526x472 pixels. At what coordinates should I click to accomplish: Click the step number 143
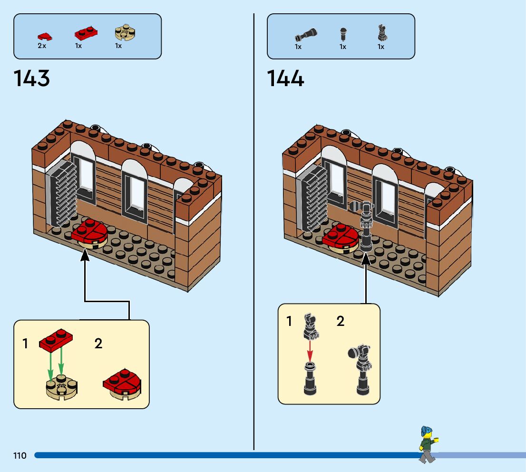(32, 79)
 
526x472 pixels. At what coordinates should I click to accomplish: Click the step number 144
(285, 79)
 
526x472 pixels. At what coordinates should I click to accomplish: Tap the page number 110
(20, 456)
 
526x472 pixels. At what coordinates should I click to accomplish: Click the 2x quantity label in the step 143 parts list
(42, 46)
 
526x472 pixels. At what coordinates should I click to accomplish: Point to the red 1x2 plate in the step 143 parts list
(86, 34)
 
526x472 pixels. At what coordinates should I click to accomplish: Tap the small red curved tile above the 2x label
(45, 36)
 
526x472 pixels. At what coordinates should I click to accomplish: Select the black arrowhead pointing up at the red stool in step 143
(85, 256)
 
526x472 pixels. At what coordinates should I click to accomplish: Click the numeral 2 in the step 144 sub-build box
(341, 322)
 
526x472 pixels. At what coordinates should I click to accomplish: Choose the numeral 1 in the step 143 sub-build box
(25, 344)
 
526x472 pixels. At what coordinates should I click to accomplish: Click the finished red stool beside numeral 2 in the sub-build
(122, 383)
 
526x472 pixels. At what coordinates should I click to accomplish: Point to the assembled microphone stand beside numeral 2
(361, 369)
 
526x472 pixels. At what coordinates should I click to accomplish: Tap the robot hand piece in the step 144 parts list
(381, 33)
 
